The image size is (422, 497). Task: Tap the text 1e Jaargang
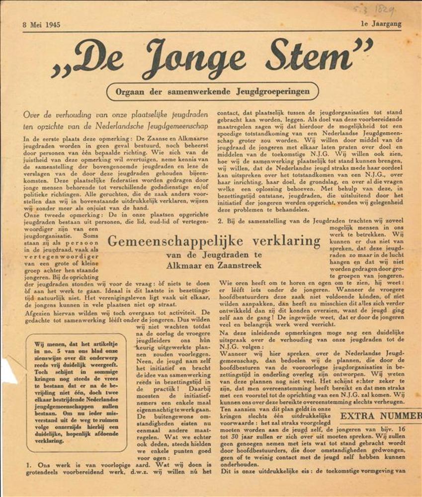coord(381,23)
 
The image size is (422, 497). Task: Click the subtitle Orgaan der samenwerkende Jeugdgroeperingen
coord(212,91)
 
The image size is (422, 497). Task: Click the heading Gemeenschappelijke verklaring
coord(214,242)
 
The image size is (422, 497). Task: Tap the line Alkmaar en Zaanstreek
coord(214,265)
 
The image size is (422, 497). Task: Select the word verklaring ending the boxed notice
coord(49,440)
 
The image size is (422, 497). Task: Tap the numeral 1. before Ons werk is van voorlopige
coord(28,465)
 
